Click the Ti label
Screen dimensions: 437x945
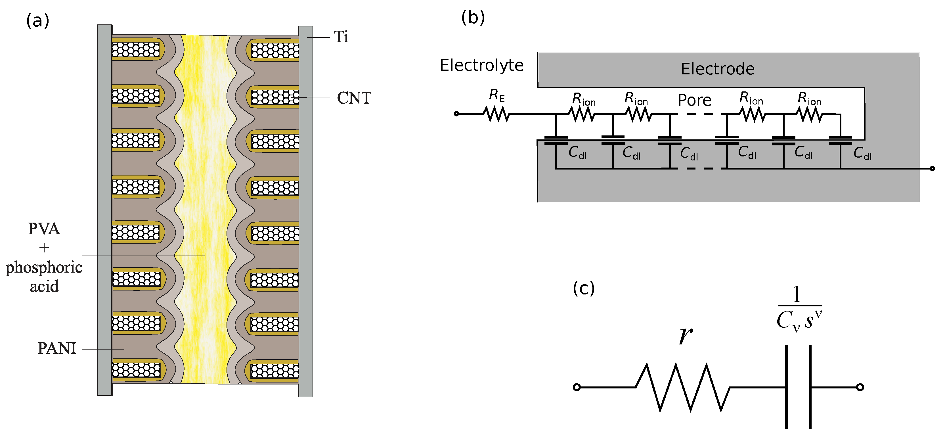coord(341,37)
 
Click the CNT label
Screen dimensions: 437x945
coord(354,98)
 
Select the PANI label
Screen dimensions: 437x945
coord(57,348)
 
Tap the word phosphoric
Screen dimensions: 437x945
coord(44,267)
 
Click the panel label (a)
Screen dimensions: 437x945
coord(37,20)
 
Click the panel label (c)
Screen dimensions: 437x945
coord(583,288)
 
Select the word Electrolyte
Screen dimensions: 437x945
coord(482,65)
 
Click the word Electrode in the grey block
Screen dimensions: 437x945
coord(718,69)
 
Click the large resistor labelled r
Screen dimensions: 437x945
coord(682,387)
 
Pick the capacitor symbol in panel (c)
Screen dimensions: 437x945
coord(798,387)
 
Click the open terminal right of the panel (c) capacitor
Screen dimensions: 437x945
coord(860,387)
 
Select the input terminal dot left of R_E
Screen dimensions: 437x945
coord(456,114)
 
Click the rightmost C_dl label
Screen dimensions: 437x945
coord(862,153)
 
